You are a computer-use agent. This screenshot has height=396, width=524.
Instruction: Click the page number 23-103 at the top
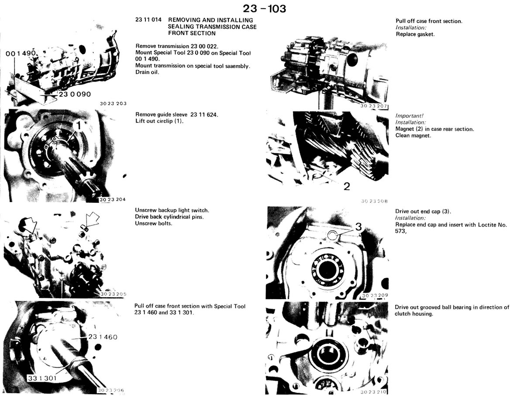264,9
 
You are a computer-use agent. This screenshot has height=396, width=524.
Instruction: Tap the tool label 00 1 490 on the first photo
21,54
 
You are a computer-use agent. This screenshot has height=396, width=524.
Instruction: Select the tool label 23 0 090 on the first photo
75,94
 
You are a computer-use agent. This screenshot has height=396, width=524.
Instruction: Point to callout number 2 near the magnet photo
347,186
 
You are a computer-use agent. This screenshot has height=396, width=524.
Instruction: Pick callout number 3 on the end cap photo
359,227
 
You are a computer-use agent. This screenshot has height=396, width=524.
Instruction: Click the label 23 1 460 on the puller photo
103,337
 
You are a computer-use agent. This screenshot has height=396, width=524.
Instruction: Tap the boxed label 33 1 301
42,378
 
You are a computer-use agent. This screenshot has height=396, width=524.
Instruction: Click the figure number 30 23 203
113,103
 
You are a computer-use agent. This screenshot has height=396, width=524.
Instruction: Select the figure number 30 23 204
112,199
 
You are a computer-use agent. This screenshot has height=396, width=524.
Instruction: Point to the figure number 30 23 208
374,201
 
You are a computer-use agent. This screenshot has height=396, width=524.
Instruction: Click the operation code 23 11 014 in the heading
148,20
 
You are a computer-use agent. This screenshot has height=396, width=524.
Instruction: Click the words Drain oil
147,72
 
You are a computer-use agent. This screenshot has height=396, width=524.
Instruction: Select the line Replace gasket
415,34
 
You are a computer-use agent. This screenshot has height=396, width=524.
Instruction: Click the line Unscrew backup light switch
172,210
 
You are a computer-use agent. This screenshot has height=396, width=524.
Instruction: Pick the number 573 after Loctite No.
400,231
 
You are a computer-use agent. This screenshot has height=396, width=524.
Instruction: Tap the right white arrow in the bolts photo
92,219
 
